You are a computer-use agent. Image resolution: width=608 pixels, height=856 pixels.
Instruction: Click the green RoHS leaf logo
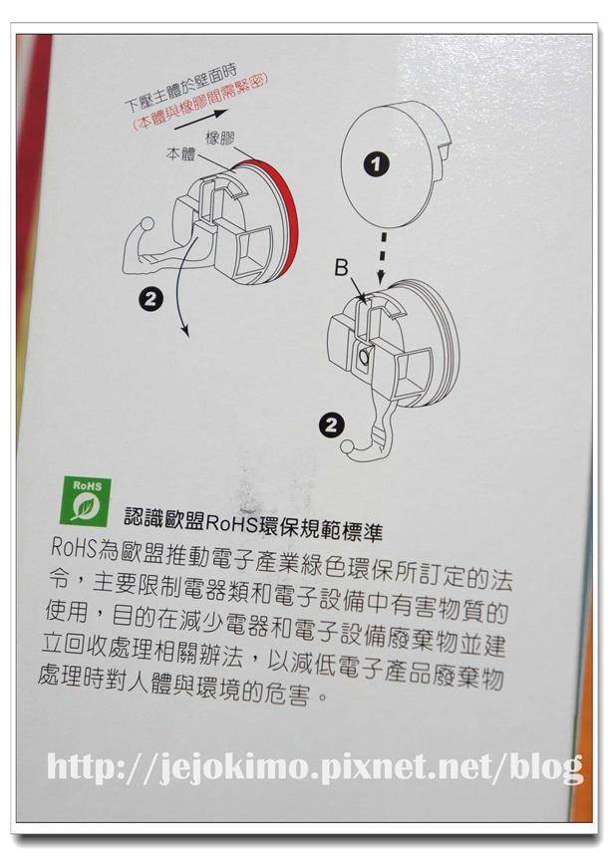click(85, 501)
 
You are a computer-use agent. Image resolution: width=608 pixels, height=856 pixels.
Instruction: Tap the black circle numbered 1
click(377, 163)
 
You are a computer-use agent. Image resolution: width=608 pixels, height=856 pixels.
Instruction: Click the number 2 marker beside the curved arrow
click(151, 299)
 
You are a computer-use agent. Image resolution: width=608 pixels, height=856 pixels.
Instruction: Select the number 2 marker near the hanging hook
click(332, 425)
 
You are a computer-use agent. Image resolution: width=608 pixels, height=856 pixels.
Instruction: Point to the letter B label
click(342, 268)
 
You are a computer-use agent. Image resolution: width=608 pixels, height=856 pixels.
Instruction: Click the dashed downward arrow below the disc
click(383, 258)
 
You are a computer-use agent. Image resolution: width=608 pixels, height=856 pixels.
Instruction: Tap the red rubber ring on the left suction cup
click(279, 214)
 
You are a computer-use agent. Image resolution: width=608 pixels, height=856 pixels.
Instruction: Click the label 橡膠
click(220, 139)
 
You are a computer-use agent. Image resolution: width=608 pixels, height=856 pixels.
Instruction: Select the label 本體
click(180, 153)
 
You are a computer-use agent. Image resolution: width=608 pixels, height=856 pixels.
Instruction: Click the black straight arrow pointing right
click(200, 121)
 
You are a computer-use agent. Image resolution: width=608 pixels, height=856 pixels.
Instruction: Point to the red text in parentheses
click(201, 102)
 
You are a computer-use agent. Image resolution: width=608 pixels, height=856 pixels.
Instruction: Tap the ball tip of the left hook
click(148, 224)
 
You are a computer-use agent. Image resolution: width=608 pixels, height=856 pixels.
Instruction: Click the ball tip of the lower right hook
click(348, 446)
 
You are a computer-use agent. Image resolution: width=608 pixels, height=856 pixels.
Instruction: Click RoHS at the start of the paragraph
click(74, 547)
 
